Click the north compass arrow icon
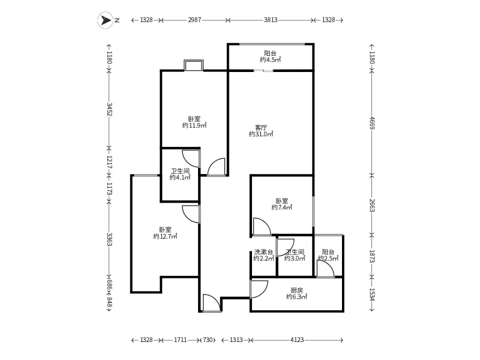(106, 20)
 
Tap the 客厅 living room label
(261, 127)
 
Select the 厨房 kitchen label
(296, 290)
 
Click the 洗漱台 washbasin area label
(263, 252)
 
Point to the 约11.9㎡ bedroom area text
(194, 125)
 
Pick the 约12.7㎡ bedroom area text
(166, 236)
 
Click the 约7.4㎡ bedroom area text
(282, 208)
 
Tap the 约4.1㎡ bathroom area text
(180, 178)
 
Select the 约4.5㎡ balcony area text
(271, 59)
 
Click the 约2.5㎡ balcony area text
(328, 259)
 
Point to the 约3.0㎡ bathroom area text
(295, 259)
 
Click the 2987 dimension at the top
(194, 20)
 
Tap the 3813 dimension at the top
(271, 20)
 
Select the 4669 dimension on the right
(372, 123)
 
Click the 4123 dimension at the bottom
(297, 340)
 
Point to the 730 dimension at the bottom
(208, 340)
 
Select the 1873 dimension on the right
(372, 257)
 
